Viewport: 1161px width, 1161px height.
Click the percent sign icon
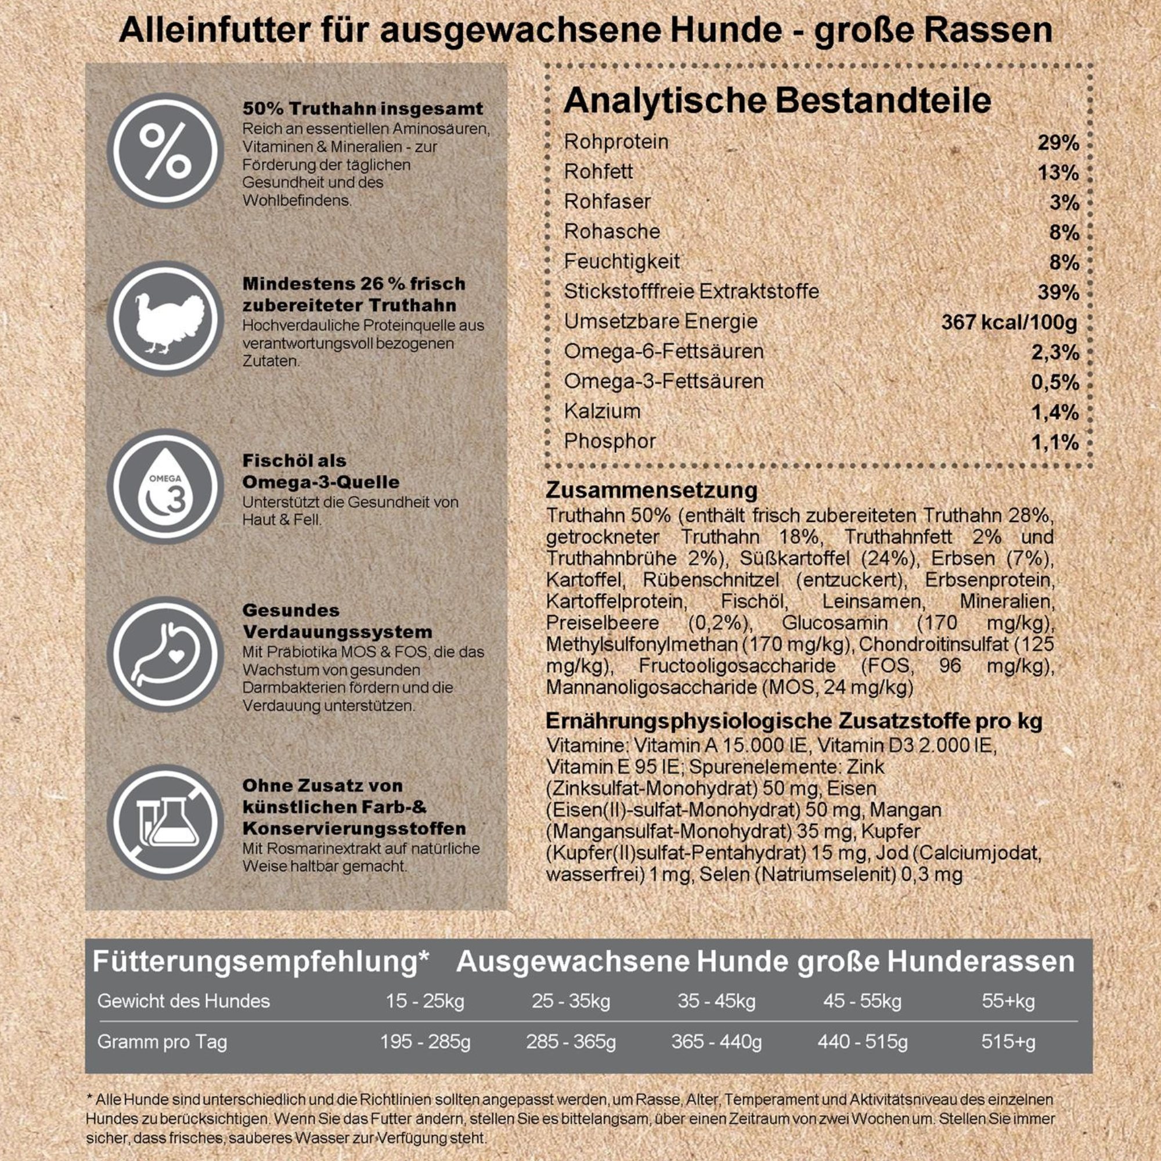[165, 151]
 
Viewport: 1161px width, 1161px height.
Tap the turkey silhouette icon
[165, 319]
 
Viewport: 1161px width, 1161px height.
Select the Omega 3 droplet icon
[165, 487]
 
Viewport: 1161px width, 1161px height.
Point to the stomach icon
[165, 654]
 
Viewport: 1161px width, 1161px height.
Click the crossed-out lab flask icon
[165, 822]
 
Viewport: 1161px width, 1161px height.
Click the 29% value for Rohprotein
[1058, 143]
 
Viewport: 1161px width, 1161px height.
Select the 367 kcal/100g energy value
[1009, 323]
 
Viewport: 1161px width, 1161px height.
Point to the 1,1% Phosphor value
[1055, 443]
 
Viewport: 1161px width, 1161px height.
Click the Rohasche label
[612, 232]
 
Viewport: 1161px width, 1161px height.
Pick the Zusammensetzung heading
[651, 491]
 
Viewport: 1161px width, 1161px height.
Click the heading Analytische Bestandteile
[777, 101]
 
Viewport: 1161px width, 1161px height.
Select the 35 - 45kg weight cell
[716, 1001]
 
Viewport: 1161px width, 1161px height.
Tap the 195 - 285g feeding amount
[425, 1041]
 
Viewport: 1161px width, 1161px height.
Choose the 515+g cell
[1008, 1041]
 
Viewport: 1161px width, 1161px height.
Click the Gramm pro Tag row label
[163, 1041]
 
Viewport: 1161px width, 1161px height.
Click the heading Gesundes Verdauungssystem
[337, 621]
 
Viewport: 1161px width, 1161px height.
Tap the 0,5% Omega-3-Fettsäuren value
[1055, 383]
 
